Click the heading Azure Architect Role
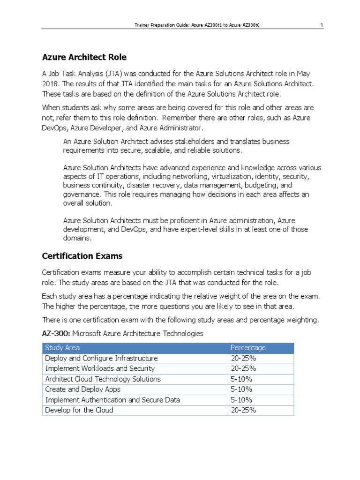click(x=84, y=57)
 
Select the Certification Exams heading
click(x=82, y=256)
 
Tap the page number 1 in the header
click(x=322, y=25)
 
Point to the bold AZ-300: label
click(x=56, y=334)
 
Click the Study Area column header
click(x=62, y=347)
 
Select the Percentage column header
click(x=248, y=347)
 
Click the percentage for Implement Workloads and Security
click(x=243, y=368)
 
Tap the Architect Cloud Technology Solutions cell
click(x=103, y=379)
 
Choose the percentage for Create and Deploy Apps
click(x=241, y=389)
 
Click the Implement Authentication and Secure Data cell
click(x=112, y=400)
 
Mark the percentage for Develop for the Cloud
click(x=243, y=410)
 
